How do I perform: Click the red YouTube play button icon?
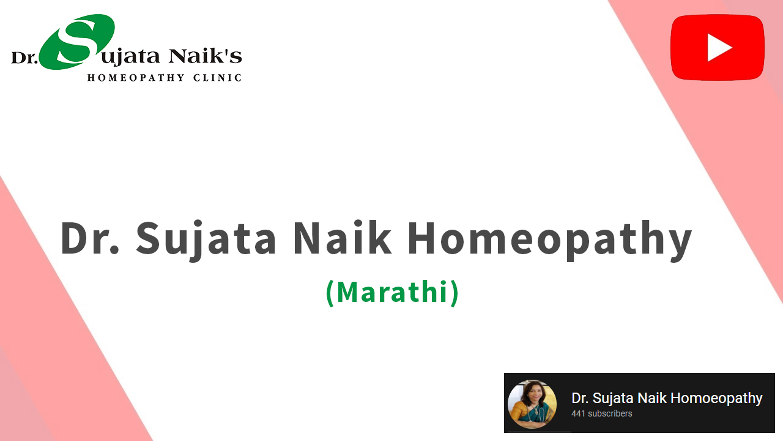click(x=718, y=47)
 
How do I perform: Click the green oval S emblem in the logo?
click(x=77, y=42)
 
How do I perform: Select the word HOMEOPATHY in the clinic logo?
click(x=136, y=77)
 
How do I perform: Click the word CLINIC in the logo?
click(x=217, y=77)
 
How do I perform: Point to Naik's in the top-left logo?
click(x=205, y=56)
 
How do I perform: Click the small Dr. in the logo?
click(x=24, y=58)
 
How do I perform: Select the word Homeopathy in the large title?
click(x=550, y=240)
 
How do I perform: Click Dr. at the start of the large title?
click(x=90, y=238)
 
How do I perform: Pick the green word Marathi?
click(x=392, y=292)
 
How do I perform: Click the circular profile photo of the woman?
click(x=532, y=404)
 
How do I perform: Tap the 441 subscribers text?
click(x=601, y=413)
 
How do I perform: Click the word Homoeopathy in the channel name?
click(x=716, y=399)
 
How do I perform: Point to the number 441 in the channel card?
click(x=578, y=413)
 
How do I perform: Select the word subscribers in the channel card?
click(x=610, y=413)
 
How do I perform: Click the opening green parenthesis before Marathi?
click(x=330, y=293)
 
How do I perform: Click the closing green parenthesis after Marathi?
click(x=455, y=293)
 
